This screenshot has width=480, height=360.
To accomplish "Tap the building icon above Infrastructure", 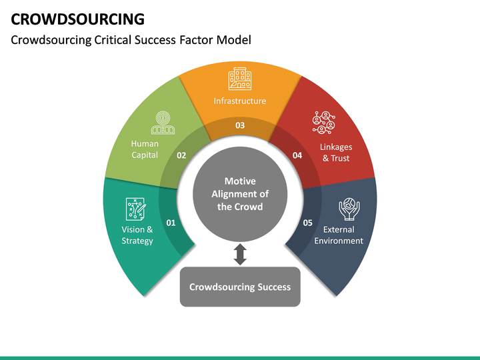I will [240, 79].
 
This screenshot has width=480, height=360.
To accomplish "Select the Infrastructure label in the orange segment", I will [240, 101].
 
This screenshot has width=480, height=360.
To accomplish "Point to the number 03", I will [240, 125].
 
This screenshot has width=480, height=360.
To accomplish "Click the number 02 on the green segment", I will [181, 155].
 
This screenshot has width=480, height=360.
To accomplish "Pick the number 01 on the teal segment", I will [171, 223].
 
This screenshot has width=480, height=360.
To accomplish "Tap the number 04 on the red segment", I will [297, 155].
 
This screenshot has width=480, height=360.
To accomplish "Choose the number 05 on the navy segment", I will [308, 223].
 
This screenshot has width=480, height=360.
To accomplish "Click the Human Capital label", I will [145, 149].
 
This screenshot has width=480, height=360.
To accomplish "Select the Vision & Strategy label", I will [137, 235].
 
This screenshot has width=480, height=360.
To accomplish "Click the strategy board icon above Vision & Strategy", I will [136, 209].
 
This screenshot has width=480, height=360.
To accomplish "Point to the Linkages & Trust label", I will [336, 153].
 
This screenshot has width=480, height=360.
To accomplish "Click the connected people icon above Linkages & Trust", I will [324, 123].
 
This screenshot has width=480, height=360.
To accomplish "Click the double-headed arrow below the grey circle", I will [240, 254].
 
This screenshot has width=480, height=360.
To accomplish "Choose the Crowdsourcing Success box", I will [240, 287].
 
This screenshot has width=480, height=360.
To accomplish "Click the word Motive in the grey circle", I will [240, 181].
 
